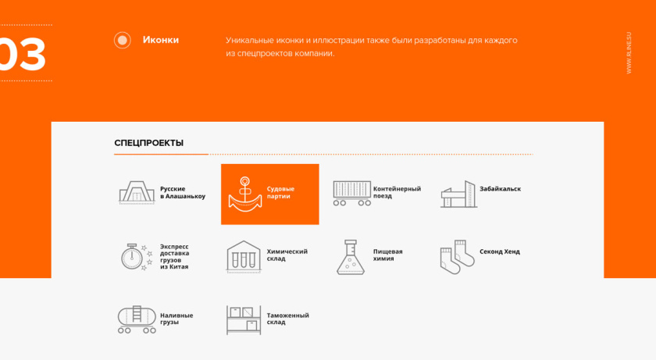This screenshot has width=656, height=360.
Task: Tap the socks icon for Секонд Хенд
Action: [457, 256]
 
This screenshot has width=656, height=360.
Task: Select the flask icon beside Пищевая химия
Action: [351, 257]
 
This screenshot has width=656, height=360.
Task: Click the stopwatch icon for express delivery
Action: [136, 256]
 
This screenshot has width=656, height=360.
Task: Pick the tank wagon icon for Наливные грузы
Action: [137, 319]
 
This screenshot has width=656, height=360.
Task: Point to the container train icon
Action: [351, 193]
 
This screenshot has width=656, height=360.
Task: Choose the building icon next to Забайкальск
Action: [458, 194]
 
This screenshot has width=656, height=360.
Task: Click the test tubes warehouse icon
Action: [244, 256]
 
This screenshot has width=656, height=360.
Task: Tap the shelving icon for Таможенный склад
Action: [244, 319]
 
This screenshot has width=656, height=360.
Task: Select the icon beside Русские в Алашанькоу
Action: [137, 193]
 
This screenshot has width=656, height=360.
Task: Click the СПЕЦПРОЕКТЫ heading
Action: [149, 143]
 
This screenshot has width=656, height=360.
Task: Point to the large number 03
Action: [22, 55]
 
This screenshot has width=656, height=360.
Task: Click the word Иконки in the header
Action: [161, 40]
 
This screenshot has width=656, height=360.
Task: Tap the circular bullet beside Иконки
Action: [123, 40]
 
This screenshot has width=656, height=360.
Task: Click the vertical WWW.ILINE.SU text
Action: [629, 53]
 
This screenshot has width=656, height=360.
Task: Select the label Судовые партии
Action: [280, 193]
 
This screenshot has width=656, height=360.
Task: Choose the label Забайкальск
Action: [500, 189]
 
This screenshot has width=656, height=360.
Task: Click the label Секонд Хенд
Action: [499, 251]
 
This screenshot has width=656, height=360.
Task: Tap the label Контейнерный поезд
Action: [397, 192]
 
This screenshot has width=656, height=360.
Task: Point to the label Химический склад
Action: [287, 255]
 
